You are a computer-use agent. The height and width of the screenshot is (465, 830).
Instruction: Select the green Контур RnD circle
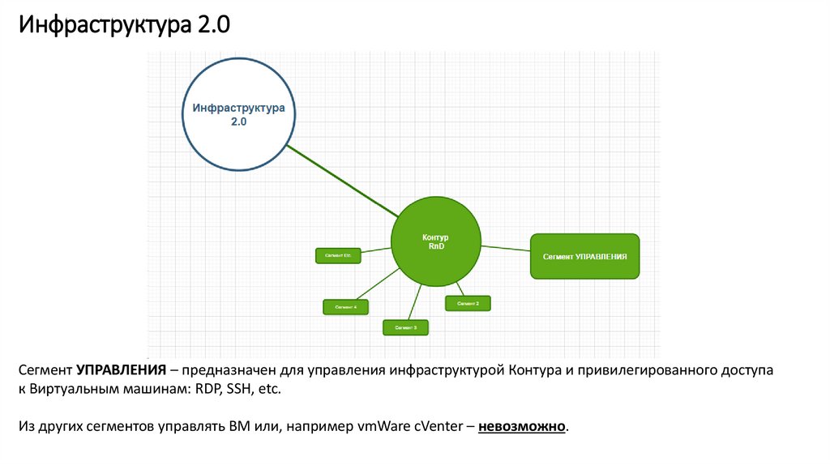[x=435, y=241]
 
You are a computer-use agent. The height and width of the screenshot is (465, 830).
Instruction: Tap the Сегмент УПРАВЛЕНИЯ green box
[x=584, y=256]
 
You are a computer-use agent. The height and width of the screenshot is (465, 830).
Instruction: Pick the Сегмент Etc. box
[x=337, y=255]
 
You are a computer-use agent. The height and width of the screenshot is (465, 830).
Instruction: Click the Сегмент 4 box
[x=345, y=307]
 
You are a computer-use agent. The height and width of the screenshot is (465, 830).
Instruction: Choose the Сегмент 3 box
[x=405, y=327]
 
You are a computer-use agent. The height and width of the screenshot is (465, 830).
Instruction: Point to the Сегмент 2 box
[x=468, y=303]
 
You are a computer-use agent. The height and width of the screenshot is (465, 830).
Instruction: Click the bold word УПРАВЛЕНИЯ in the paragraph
[x=122, y=371]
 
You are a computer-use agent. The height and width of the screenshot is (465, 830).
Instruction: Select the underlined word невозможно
[x=522, y=426]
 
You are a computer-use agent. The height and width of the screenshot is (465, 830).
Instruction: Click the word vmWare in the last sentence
[x=385, y=426]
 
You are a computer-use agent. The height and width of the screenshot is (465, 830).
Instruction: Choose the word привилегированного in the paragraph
[x=646, y=371]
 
